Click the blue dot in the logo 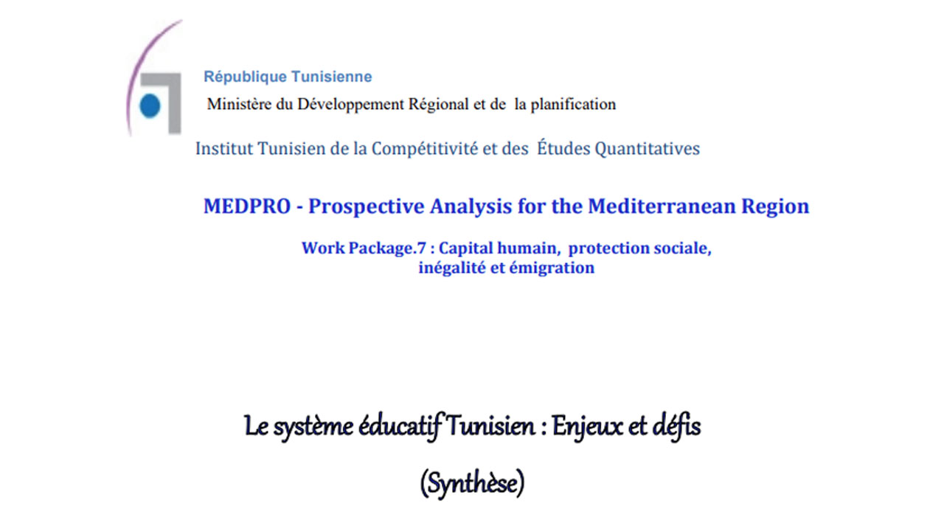click(x=150, y=105)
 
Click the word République click(x=246, y=77)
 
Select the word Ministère click(x=239, y=104)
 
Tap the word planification click(x=573, y=105)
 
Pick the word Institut click(x=224, y=149)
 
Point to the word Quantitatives click(x=648, y=149)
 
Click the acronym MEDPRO click(x=247, y=206)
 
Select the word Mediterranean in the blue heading click(x=662, y=206)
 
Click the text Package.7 click(x=387, y=249)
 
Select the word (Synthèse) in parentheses click(x=473, y=483)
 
